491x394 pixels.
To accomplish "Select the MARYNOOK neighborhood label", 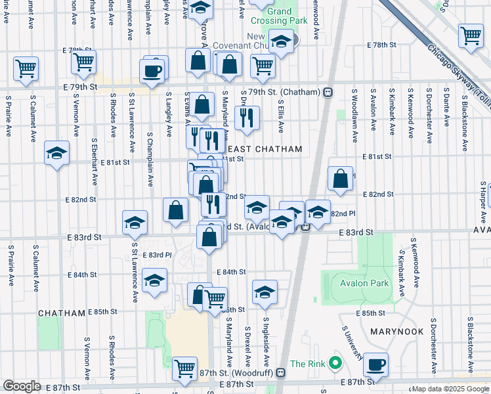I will (x=396, y=332).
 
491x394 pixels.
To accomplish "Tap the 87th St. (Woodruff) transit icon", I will (x=281, y=372).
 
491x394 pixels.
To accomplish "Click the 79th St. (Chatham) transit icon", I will (x=326, y=92).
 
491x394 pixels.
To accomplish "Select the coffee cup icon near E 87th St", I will (x=376, y=364).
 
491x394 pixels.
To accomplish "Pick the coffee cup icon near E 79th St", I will (x=151, y=70).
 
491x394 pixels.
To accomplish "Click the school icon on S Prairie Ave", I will (x=57, y=153).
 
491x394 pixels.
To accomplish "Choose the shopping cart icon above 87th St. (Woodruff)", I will (x=184, y=368).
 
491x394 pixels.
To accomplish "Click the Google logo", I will (x=21, y=386).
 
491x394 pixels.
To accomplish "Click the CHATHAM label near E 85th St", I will (x=62, y=313).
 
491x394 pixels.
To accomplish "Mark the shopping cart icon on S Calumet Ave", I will (x=26, y=67).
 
